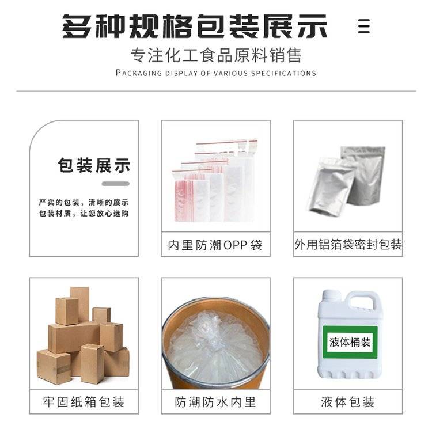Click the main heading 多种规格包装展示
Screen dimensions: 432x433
pos(195,26)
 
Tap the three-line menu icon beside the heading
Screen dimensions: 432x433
pos(364,26)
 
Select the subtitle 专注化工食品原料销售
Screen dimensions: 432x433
pos(216,55)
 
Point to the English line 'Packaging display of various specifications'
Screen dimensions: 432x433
pos(216,73)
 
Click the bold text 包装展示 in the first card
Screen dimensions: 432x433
pos(94,165)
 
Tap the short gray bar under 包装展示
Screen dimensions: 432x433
pos(115,184)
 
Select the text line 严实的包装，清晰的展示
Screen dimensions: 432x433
pos(84,203)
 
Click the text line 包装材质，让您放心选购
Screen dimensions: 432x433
pos(84,213)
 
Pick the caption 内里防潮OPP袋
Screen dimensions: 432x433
pos(215,245)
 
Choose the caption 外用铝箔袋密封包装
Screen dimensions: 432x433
pos(348,244)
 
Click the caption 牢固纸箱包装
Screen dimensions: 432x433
pos(84,402)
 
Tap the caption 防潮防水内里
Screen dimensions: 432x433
pos(215,402)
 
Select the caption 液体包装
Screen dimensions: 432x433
pos(347,402)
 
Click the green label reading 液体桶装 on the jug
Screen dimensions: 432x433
pos(350,343)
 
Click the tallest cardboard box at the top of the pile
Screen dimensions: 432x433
pos(80,304)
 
